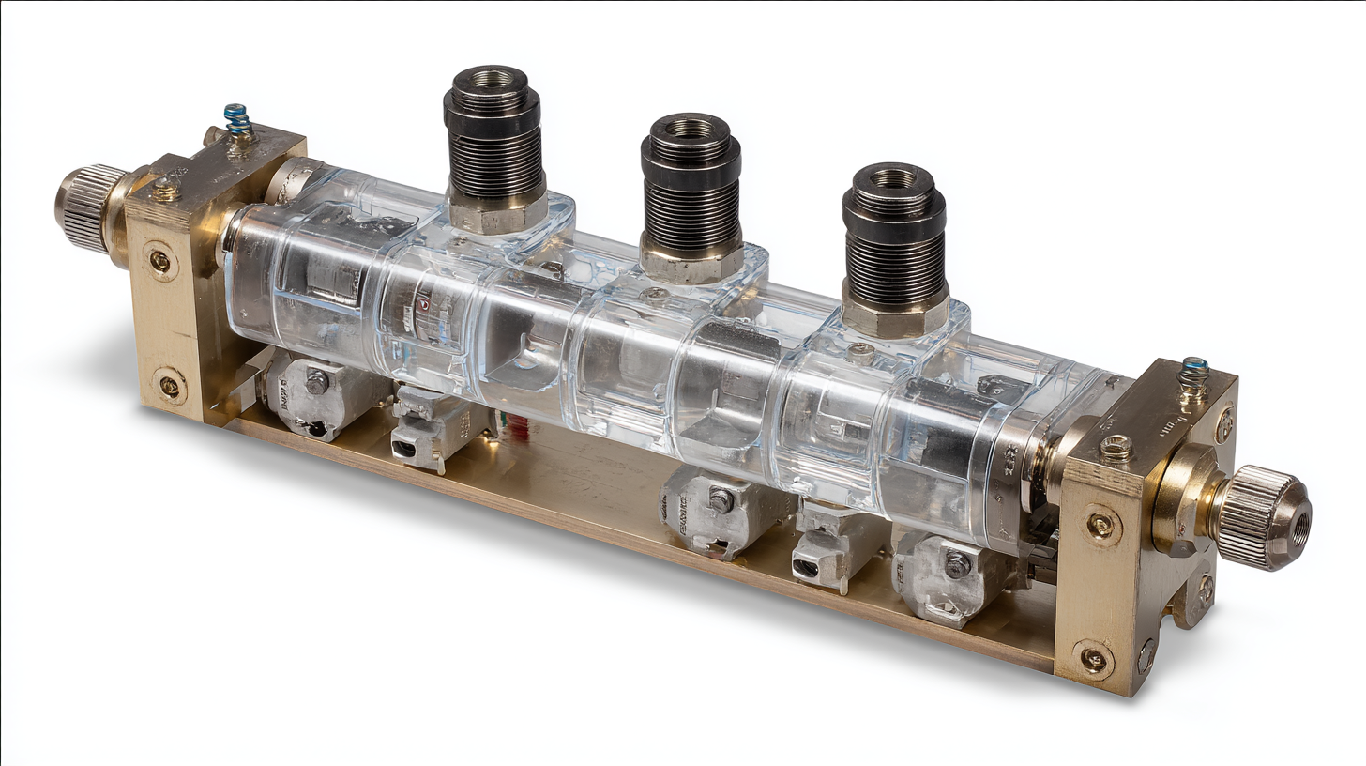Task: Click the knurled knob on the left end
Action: [x=90, y=208]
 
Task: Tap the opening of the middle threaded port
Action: [x=691, y=128]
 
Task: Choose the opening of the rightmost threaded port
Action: [x=892, y=178]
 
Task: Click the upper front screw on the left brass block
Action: [x=160, y=260]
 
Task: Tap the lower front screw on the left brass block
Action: [x=170, y=385]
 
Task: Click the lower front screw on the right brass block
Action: [x=1093, y=659]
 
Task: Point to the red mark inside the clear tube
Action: [x=423, y=306]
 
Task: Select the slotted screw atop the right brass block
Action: [x=1116, y=448]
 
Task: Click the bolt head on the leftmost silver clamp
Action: [x=317, y=381]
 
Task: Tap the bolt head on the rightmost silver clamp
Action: [x=956, y=565]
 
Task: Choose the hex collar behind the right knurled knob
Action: [x=1184, y=501]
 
